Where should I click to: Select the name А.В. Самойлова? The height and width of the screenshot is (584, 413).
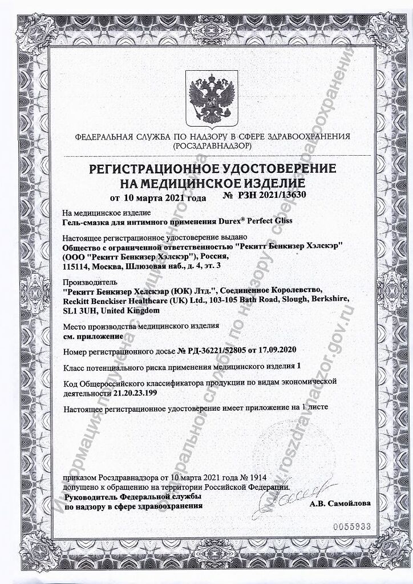[340, 504]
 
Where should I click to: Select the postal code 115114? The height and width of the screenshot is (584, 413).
[76, 266]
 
